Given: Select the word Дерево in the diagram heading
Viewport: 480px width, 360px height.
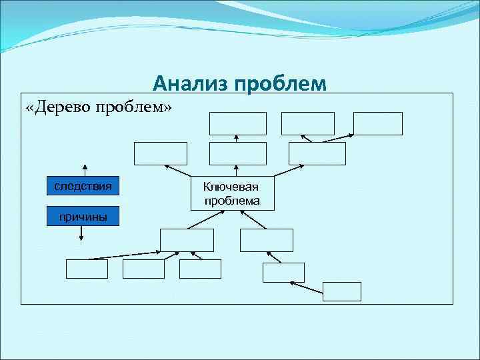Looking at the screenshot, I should (x=63, y=107).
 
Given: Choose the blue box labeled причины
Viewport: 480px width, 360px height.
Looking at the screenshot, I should (x=83, y=217).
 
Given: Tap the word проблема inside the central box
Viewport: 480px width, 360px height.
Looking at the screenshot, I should (x=232, y=200).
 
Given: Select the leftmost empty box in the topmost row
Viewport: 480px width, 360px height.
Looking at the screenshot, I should (x=238, y=123).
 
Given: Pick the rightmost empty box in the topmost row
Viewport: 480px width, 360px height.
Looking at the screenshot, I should (x=378, y=123).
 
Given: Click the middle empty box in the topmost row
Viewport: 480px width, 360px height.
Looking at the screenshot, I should (x=307, y=123).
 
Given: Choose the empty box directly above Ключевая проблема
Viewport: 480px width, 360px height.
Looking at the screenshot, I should (x=237, y=153).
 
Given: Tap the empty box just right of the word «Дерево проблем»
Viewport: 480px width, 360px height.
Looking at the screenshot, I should (x=161, y=153).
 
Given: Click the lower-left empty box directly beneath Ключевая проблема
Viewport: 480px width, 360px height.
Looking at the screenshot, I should (x=187, y=240).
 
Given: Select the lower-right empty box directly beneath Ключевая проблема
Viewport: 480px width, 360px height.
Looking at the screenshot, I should (x=266, y=240).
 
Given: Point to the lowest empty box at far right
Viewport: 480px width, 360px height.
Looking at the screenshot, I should (x=341, y=291).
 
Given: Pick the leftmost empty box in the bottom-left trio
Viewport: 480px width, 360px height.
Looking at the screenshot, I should (x=87, y=269).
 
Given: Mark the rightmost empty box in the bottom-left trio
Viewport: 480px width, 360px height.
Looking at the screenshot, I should (x=200, y=269).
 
